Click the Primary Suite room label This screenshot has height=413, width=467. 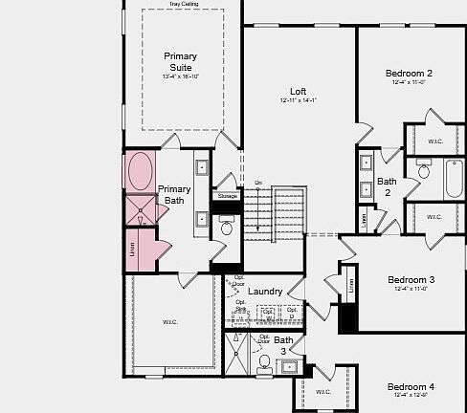coord(180,62)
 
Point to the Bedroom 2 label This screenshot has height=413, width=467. coord(409,74)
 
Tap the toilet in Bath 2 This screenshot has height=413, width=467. coord(422,172)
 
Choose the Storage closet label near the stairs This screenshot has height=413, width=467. coord(227,196)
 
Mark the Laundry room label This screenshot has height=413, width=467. coord(264,291)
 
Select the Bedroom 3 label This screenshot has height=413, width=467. coord(411,280)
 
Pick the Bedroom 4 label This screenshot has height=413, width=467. coord(411,386)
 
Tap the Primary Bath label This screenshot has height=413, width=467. coord(174,195)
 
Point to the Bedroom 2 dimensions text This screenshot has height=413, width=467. coord(409,83)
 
